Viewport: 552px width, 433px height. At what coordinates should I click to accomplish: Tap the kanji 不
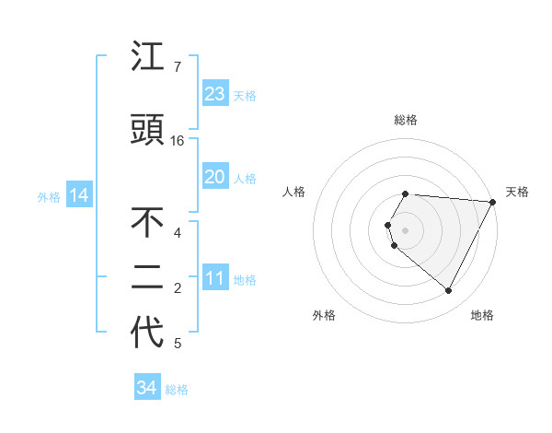tap(147, 224)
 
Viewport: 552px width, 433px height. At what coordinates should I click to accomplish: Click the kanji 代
tap(147, 334)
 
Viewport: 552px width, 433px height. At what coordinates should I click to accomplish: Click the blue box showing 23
tap(214, 94)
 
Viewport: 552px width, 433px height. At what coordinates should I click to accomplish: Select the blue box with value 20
tap(214, 177)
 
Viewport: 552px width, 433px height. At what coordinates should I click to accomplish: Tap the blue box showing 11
tap(214, 279)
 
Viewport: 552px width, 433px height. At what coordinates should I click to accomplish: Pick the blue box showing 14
tap(78, 195)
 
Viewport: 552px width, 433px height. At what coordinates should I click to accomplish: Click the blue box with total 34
tap(146, 388)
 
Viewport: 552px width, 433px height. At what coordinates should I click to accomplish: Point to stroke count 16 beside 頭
tap(178, 141)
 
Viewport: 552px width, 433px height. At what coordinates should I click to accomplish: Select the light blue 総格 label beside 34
tap(177, 390)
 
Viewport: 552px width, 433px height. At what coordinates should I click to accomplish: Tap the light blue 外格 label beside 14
tap(49, 196)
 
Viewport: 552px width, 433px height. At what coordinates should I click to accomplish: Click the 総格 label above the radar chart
tap(405, 120)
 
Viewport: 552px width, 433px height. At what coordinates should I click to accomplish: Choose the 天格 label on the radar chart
tap(517, 192)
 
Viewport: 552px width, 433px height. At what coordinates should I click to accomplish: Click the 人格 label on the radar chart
tap(293, 192)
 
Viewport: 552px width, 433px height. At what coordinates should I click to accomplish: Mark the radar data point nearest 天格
tap(493, 202)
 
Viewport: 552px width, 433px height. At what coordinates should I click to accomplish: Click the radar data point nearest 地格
tap(449, 291)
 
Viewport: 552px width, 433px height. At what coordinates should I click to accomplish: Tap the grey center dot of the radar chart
tap(405, 229)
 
